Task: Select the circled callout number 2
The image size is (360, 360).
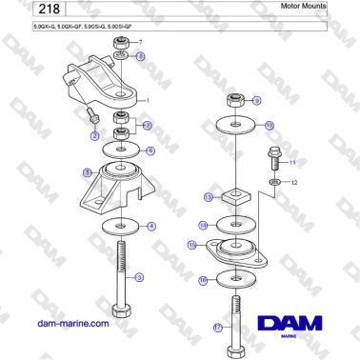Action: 94,136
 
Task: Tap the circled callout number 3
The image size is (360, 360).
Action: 140,278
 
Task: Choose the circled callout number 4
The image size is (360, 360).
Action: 150,226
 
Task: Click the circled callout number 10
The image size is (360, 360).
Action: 269,125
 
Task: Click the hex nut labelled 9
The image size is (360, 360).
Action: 233,100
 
